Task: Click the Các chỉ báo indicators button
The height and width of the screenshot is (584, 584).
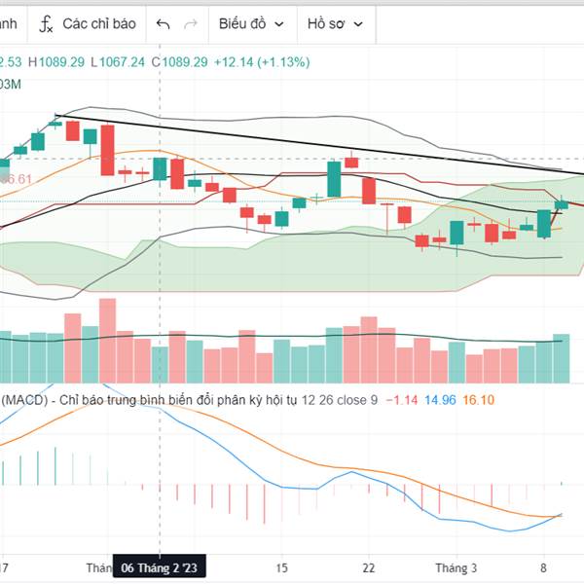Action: (98, 23)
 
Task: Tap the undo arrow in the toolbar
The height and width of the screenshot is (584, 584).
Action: (163, 23)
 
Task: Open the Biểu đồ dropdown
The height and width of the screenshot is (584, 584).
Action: (251, 23)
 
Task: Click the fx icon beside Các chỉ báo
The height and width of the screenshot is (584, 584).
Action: (46, 23)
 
